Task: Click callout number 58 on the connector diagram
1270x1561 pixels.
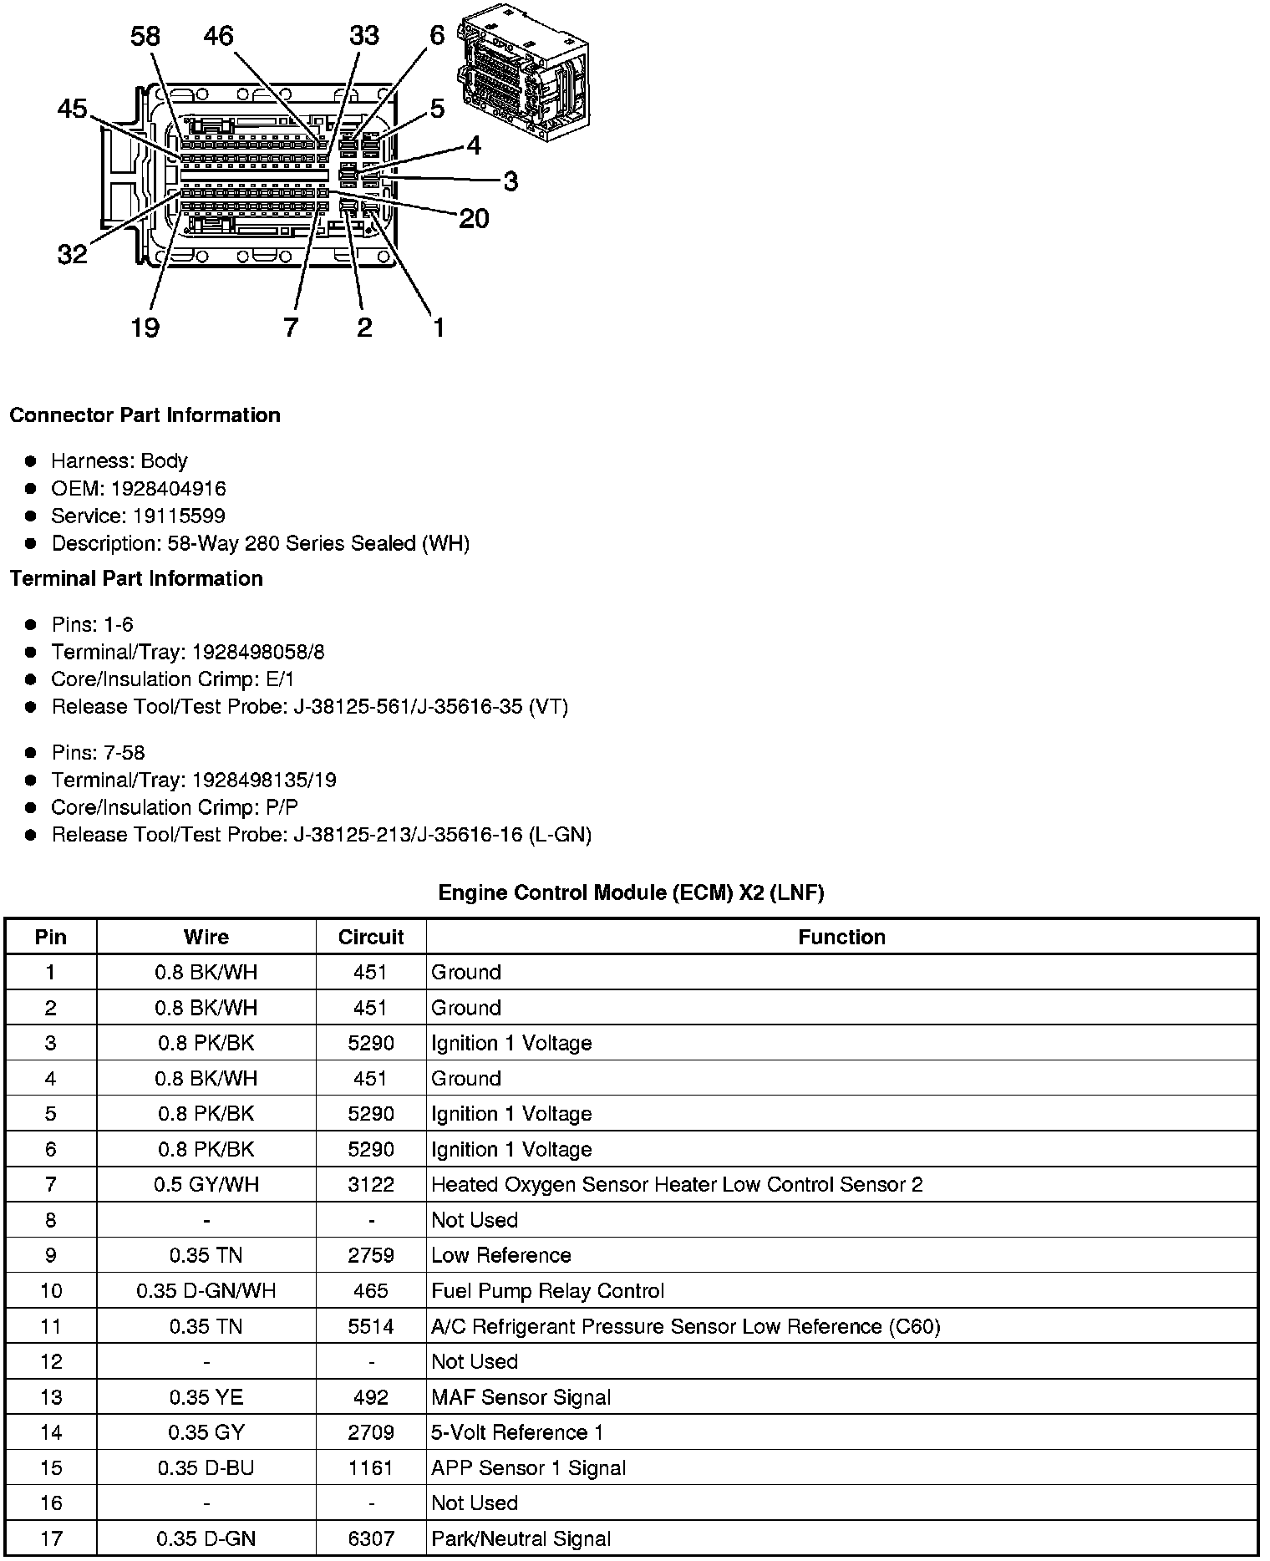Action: pyautogui.click(x=145, y=36)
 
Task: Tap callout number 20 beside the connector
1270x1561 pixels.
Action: pyautogui.click(x=474, y=218)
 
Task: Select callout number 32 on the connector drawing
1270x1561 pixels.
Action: pyautogui.click(x=73, y=253)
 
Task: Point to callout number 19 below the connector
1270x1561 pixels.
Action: pyautogui.click(x=145, y=327)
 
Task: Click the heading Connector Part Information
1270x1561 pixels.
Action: pyautogui.click(x=145, y=415)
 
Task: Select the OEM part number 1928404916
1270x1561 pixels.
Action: pyautogui.click(x=168, y=488)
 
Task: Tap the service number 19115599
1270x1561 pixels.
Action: pyautogui.click(x=179, y=516)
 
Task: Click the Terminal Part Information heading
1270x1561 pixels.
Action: pyautogui.click(x=136, y=578)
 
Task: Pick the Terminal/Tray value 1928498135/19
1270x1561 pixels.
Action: pyautogui.click(x=264, y=780)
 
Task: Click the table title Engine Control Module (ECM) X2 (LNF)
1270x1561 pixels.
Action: pyautogui.click(x=631, y=892)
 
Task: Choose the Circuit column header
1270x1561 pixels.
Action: pyautogui.click(x=371, y=937)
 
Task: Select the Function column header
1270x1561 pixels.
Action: pyautogui.click(x=841, y=937)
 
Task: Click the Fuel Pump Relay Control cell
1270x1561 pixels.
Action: pyautogui.click(x=547, y=1290)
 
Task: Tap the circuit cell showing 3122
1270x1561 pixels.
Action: pyautogui.click(x=371, y=1184)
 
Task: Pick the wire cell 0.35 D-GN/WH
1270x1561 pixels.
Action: pyautogui.click(x=206, y=1290)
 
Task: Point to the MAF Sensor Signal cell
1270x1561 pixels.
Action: pyautogui.click(x=521, y=1397)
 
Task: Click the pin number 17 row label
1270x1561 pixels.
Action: pyautogui.click(x=51, y=1538)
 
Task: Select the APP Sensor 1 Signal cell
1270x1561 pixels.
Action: pyautogui.click(x=528, y=1467)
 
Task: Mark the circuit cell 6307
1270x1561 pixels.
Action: pyautogui.click(x=371, y=1538)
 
